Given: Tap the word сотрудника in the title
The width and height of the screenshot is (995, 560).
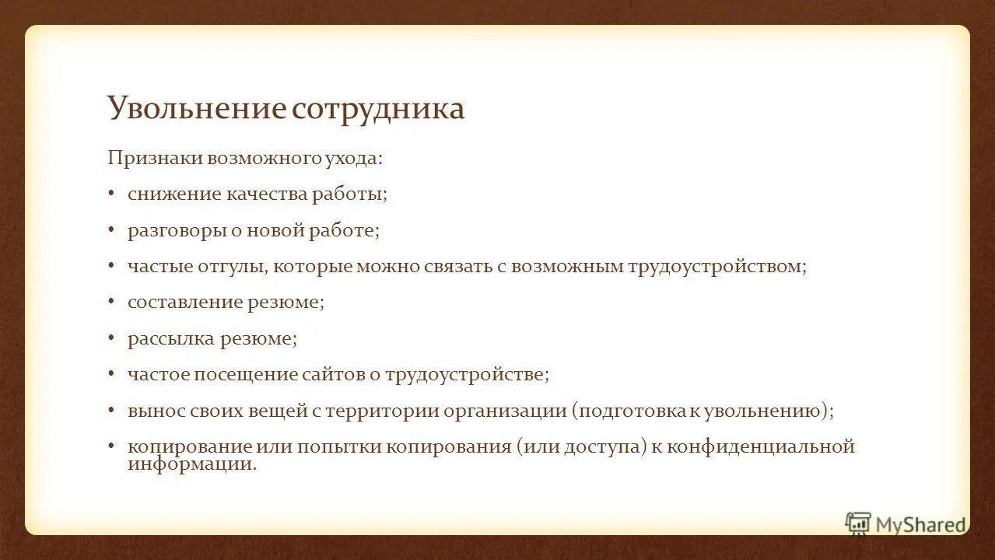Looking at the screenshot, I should [x=378, y=108].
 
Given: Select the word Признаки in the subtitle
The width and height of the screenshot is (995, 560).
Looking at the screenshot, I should [x=154, y=158].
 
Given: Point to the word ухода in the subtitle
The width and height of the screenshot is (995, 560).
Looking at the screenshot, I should [x=356, y=158].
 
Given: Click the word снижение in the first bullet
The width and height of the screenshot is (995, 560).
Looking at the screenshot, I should [x=174, y=194].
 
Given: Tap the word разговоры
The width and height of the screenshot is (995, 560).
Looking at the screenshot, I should [x=175, y=230].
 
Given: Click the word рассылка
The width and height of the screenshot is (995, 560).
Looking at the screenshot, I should [x=170, y=338].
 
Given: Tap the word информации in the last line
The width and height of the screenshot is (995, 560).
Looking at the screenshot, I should [x=190, y=464].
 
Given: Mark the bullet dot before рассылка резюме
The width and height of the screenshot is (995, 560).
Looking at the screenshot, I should [x=111, y=338].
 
